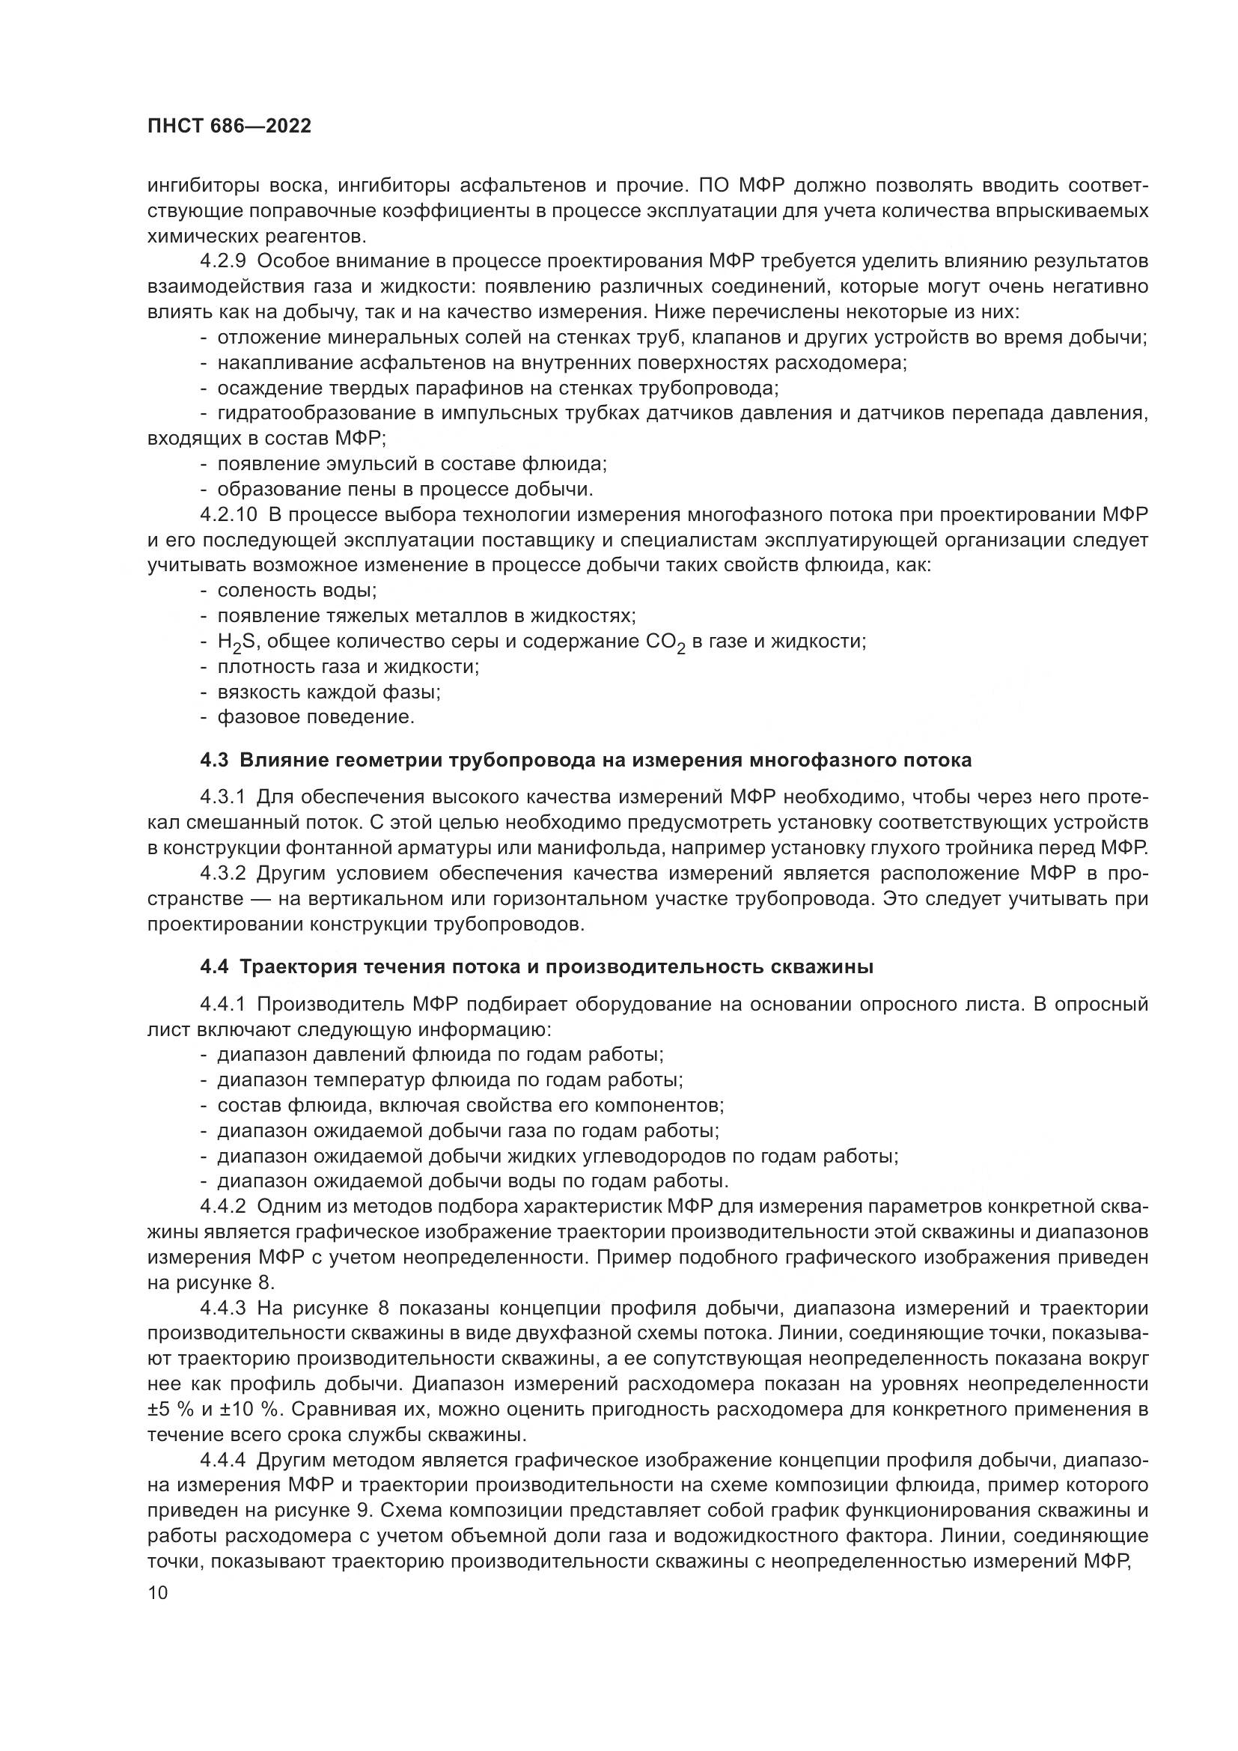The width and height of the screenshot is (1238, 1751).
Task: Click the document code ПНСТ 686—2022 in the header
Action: (x=230, y=127)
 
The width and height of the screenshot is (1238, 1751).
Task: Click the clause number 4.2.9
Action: (x=222, y=261)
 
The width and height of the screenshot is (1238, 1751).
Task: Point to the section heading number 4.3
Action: (x=214, y=760)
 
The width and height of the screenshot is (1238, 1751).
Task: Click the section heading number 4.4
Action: (x=214, y=967)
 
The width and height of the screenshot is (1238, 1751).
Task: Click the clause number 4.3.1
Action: (x=222, y=797)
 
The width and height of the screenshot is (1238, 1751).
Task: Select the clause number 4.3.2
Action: (x=222, y=872)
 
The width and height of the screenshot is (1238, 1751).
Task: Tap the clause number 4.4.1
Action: (x=222, y=1005)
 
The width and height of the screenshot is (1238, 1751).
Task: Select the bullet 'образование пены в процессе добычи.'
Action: (x=405, y=489)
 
